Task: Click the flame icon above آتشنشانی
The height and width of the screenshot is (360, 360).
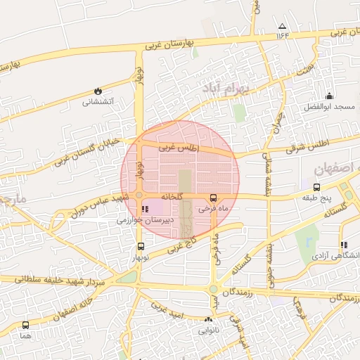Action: (97, 91)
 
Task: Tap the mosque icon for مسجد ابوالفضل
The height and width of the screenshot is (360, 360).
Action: (328, 96)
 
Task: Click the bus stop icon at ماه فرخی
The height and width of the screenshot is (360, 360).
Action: (214, 198)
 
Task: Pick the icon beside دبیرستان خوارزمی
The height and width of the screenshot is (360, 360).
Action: (146, 209)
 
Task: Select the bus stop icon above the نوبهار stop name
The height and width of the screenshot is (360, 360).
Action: (141, 246)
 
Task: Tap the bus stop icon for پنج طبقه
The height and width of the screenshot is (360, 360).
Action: (316, 187)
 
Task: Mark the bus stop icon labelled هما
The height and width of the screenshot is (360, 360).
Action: (26, 325)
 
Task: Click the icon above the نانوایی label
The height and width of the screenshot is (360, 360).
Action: (208, 320)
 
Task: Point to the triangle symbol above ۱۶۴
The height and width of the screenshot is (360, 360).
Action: (283, 25)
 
